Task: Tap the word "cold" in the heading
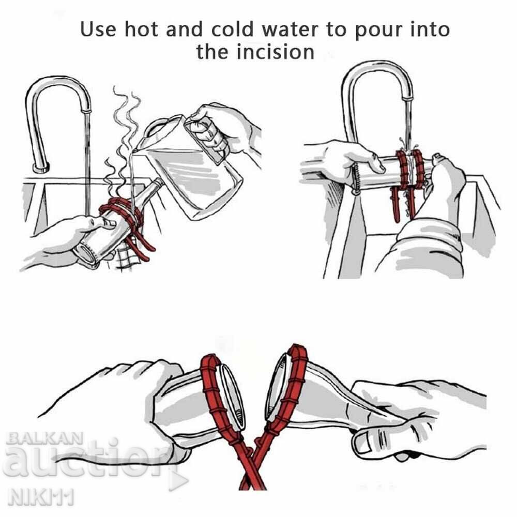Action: tap(233, 29)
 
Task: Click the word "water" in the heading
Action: tap(291, 29)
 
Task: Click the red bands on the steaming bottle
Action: tap(124, 215)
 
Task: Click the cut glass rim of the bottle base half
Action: tap(233, 394)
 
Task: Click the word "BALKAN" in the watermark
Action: tap(44, 438)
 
